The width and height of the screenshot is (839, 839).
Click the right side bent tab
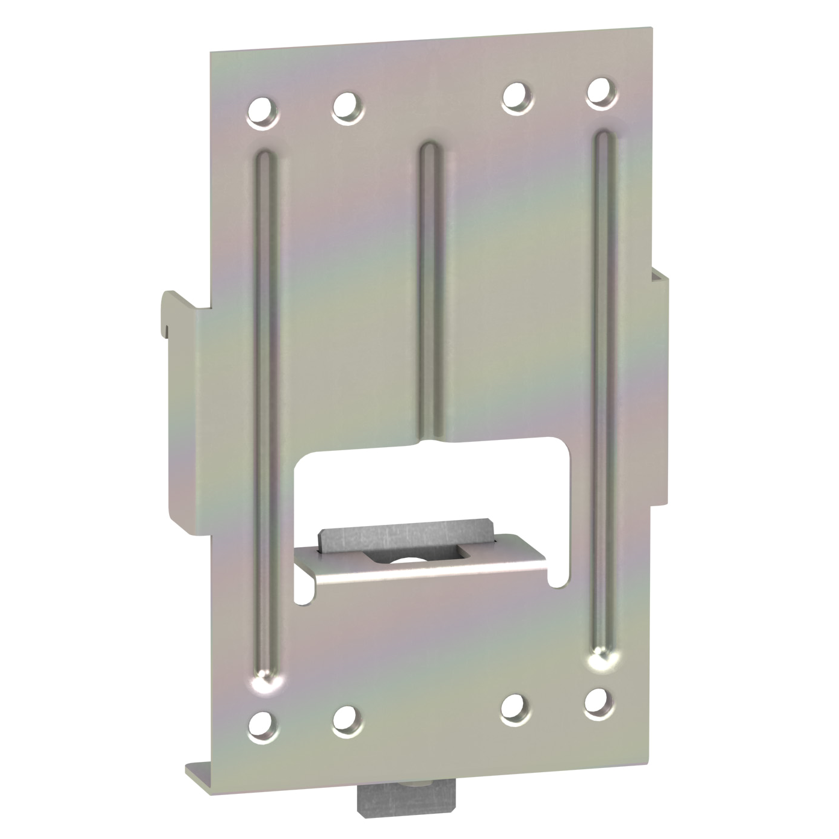pos(658,385)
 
